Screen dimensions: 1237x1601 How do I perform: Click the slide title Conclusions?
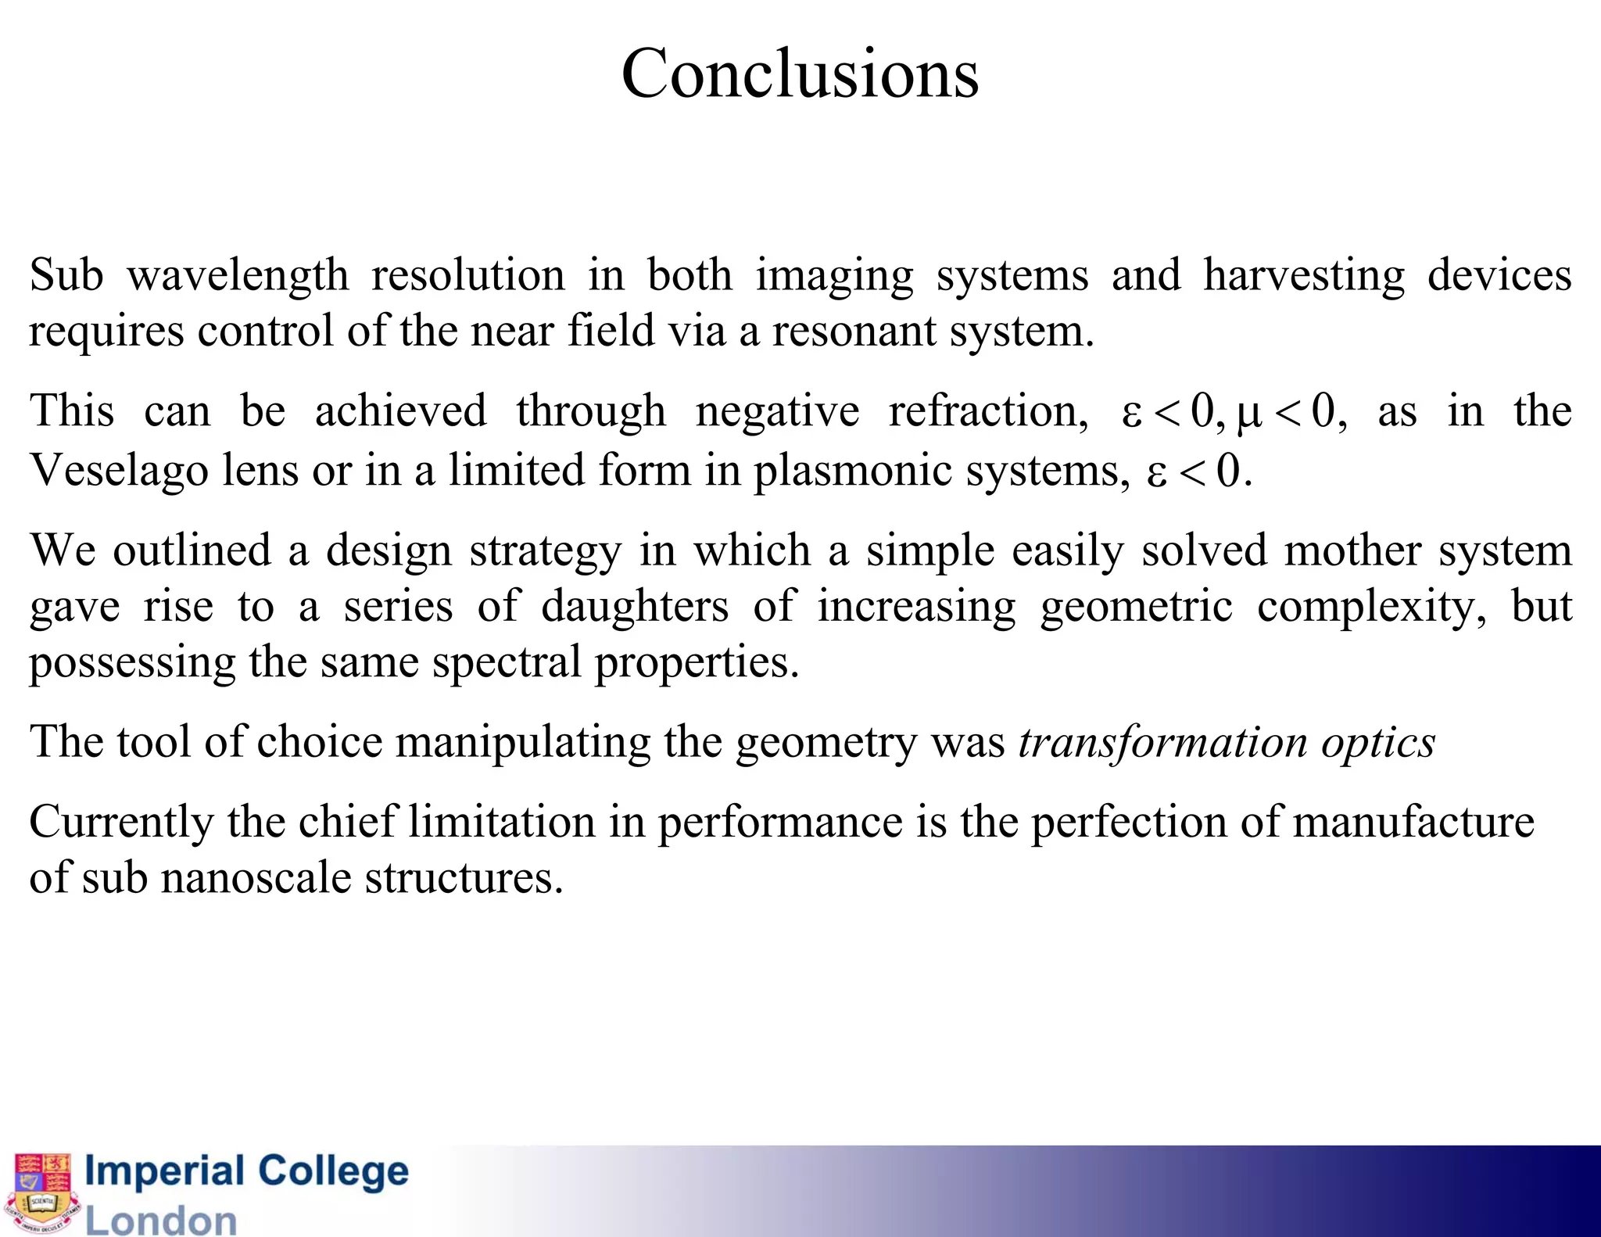800,74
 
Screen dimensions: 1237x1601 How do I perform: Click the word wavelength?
238,276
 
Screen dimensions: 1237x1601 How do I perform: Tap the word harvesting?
1303,276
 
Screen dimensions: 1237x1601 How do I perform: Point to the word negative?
777,412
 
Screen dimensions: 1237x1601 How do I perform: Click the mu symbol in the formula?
1249,415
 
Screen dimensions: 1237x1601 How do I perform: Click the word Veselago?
120,471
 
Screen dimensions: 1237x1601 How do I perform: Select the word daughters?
634,607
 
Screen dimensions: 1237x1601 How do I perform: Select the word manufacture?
1413,822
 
